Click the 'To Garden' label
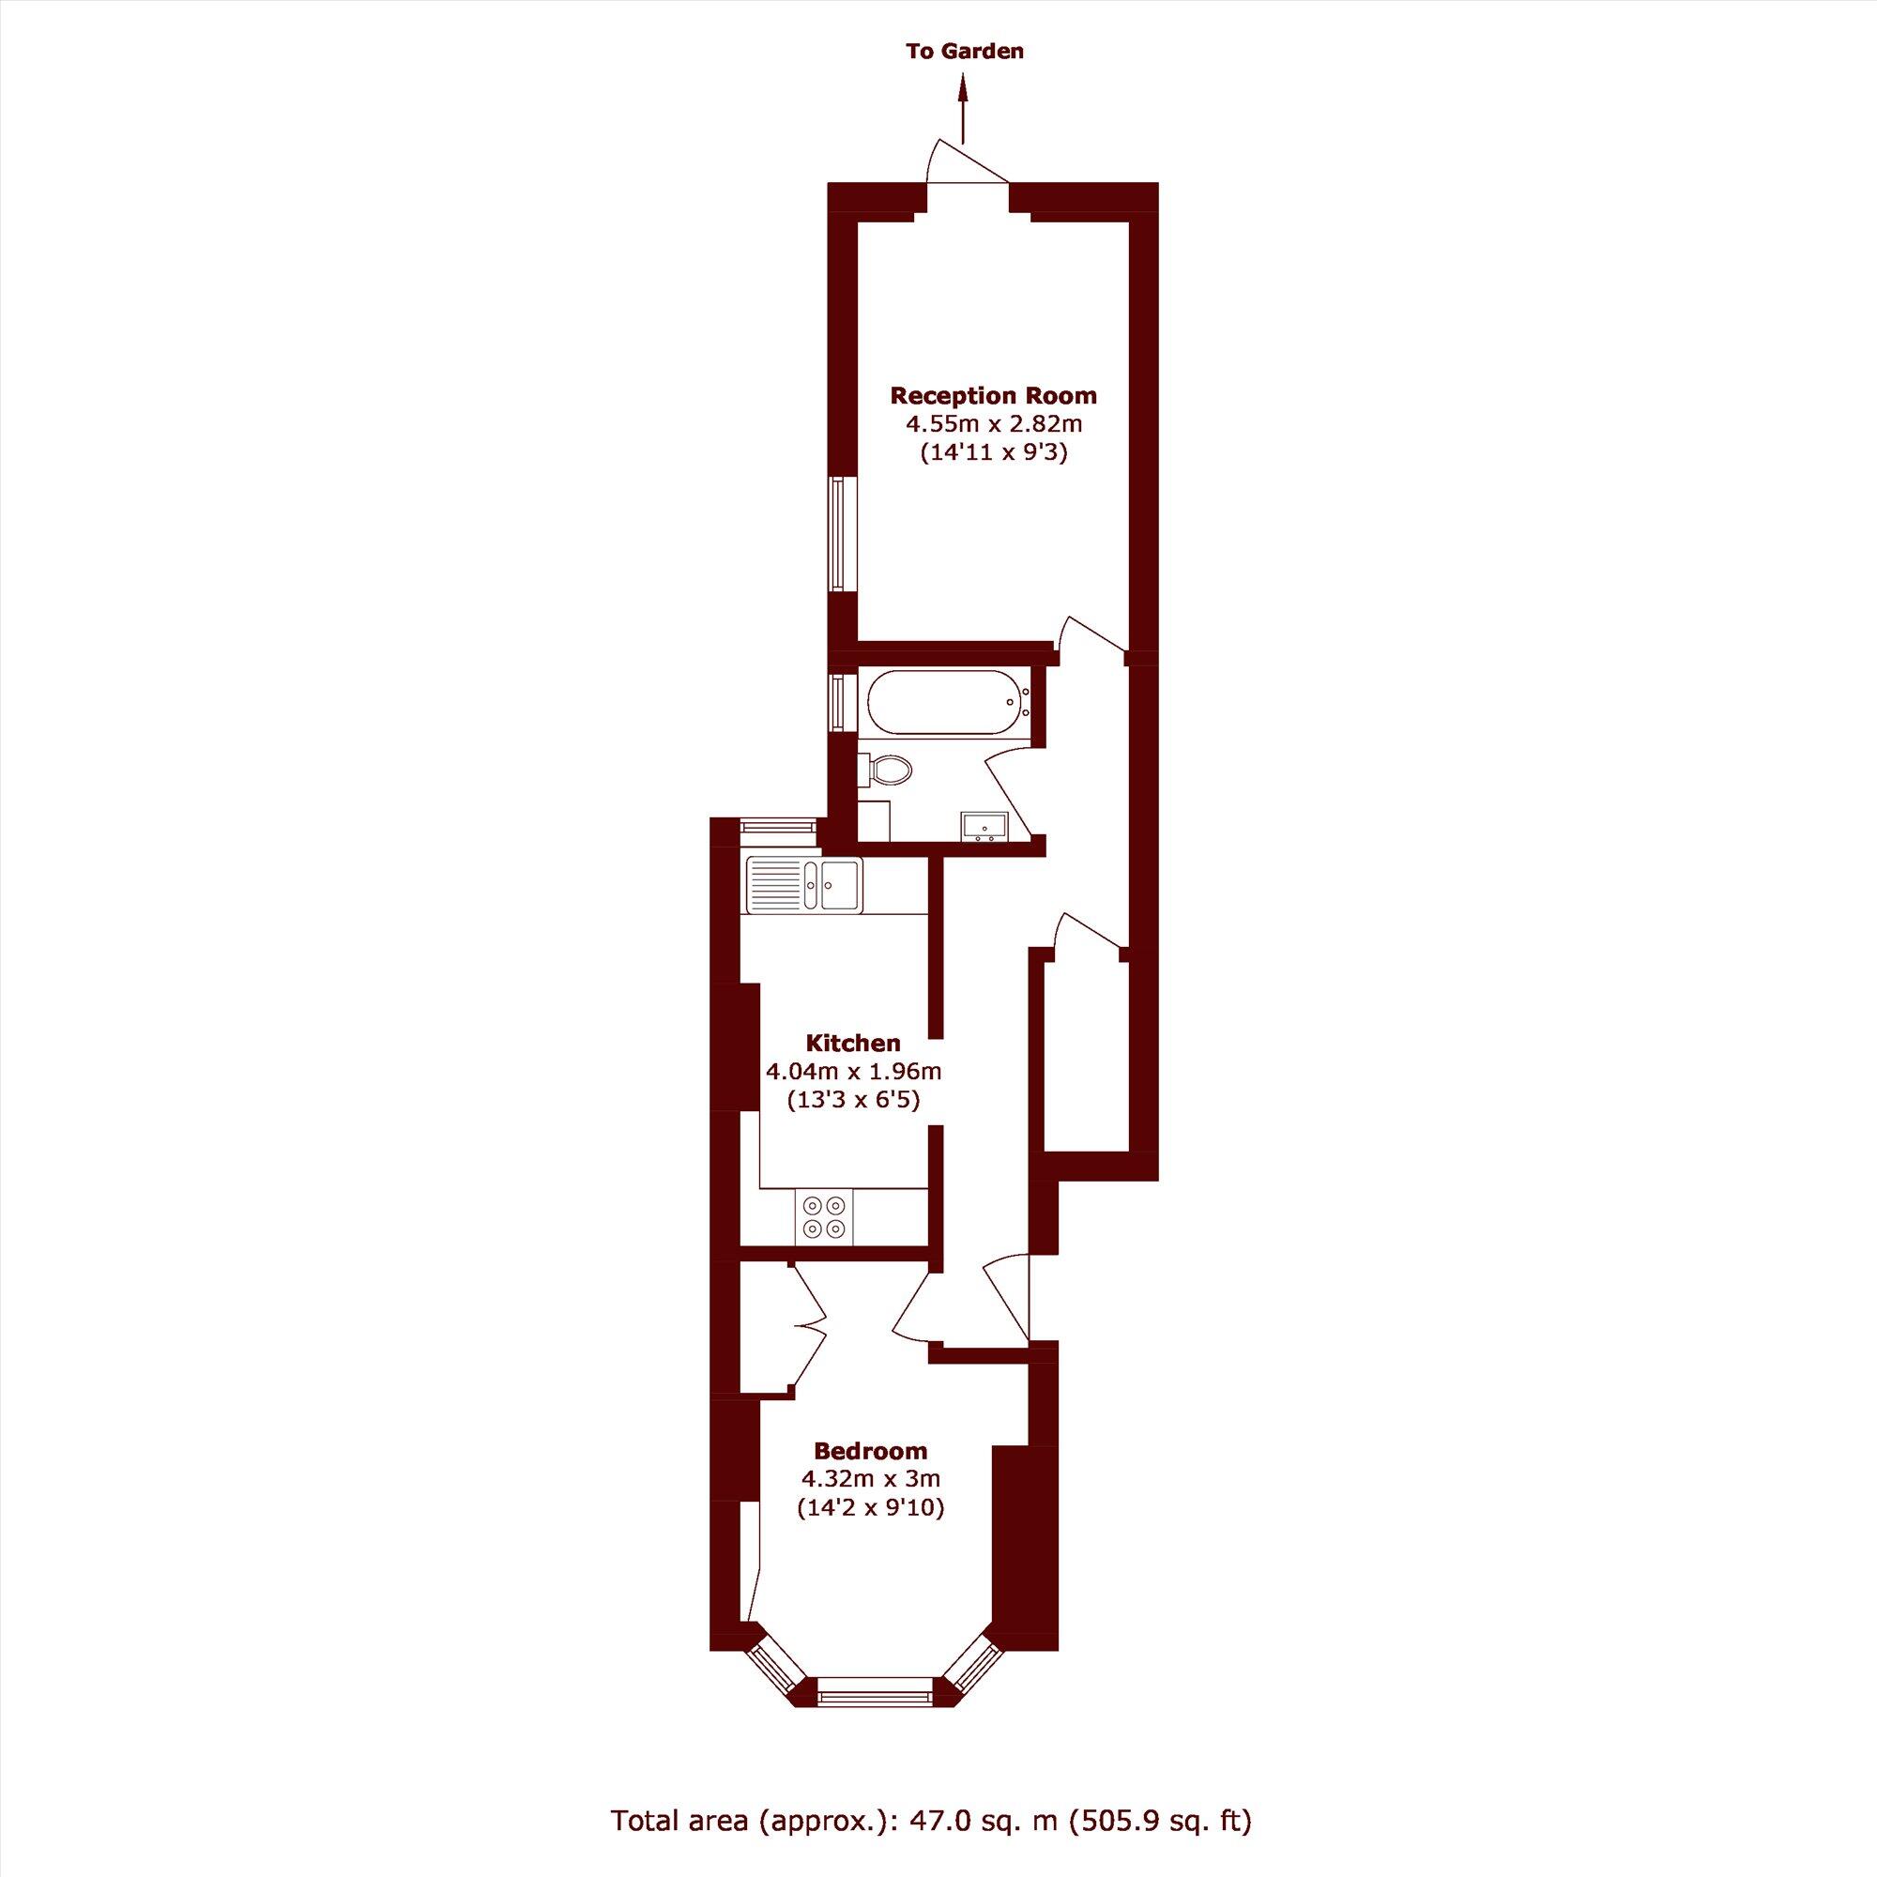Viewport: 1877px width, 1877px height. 964,52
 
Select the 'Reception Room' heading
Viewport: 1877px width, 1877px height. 994,395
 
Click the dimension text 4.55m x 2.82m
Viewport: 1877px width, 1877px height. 994,423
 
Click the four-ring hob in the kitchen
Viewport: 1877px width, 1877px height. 825,1215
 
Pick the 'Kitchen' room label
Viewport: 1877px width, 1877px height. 853,1044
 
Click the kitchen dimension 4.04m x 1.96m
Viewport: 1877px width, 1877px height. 853,1072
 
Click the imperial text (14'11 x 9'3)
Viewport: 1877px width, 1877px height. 994,451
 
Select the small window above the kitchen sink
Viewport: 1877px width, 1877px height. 777,826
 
